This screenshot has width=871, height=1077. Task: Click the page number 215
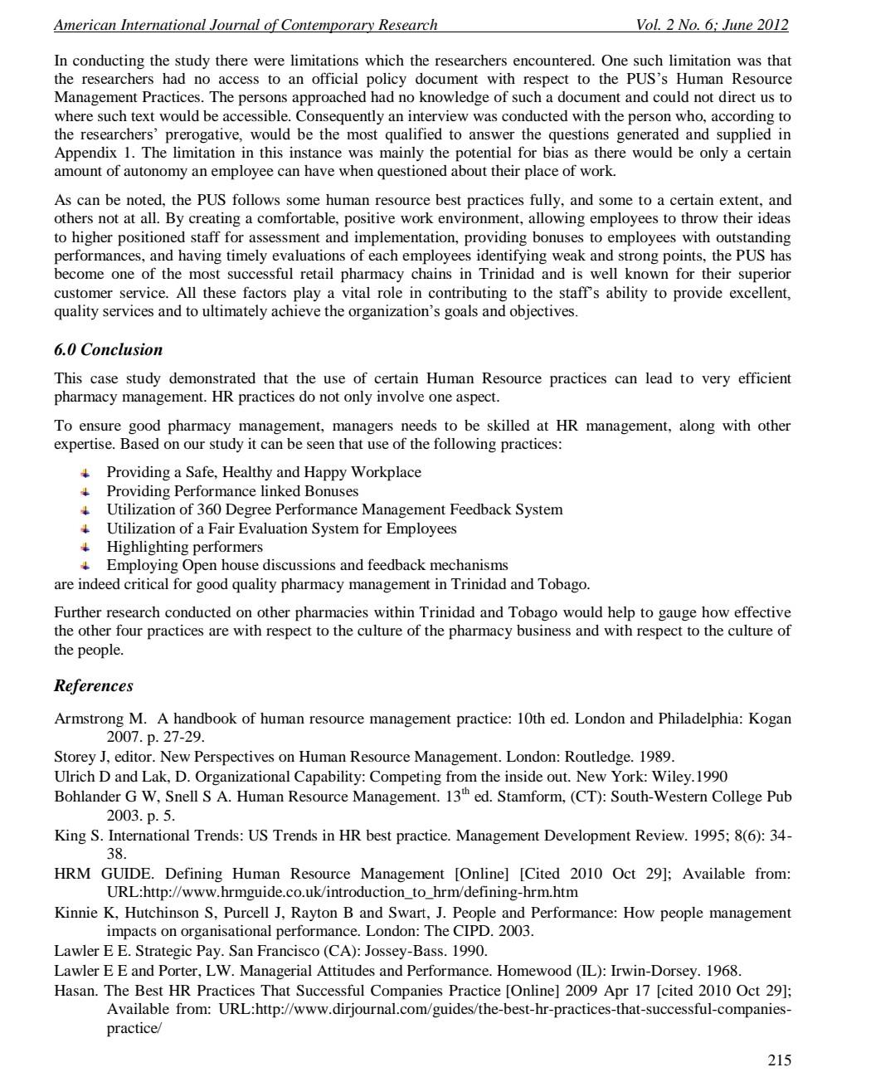(x=779, y=1060)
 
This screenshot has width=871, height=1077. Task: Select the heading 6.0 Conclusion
(x=108, y=349)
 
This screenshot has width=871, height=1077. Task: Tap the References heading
(x=93, y=685)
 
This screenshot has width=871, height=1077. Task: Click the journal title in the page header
(x=246, y=25)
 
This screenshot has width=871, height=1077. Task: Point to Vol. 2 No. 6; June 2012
(x=711, y=25)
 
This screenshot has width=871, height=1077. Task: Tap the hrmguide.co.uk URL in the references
(x=342, y=892)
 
